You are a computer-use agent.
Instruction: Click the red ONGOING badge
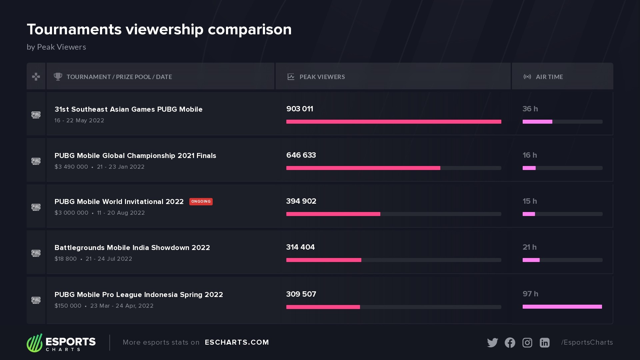tap(201, 202)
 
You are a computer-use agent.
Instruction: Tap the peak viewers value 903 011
tap(299, 109)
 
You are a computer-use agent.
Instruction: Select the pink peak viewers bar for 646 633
tap(363, 168)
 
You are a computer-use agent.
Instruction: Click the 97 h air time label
tap(530, 294)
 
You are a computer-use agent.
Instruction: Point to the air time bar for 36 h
tap(537, 122)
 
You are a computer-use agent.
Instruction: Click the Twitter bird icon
tap(492, 343)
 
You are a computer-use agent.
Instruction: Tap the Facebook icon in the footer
tap(510, 343)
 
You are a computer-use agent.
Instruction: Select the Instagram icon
tap(527, 343)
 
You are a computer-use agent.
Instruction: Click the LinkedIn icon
tap(544, 343)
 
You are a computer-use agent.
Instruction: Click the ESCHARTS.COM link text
tap(237, 342)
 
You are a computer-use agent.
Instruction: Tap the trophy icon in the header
tap(58, 77)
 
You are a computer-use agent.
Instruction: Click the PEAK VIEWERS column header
tap(322, 77)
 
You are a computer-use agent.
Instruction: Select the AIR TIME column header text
tap(549, 77)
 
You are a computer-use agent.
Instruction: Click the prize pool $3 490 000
tap(71, 167)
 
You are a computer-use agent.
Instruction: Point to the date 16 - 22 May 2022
tap(79, 120)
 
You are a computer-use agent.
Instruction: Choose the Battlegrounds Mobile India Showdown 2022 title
tap(132, 248)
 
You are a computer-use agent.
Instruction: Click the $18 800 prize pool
tap(66, 259)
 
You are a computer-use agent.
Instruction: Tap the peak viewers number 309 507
tap(301, 294)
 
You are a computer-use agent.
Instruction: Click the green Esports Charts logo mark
tap(35, 343)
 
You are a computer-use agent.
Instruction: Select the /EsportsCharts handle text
tap(587, 342)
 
